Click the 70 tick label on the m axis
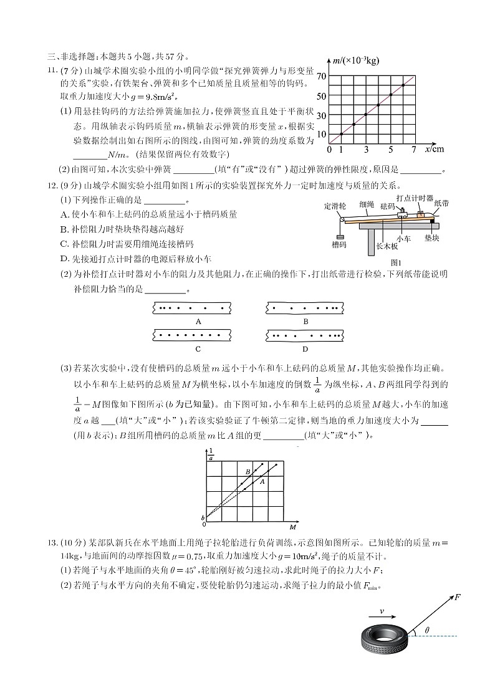[321, 76]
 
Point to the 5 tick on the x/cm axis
[391, 150]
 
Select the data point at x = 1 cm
[341, 134]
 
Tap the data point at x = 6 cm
[403, 85]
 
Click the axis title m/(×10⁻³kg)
[356, 60]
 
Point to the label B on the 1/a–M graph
[247, 472]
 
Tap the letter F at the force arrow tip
[458, 597]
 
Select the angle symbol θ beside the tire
[426, 630]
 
